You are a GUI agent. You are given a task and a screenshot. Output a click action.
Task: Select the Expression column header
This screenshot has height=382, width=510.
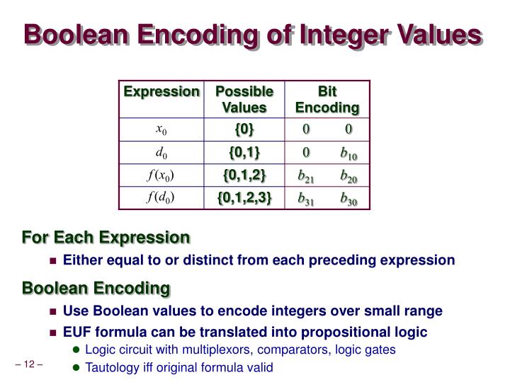tap(161, 91)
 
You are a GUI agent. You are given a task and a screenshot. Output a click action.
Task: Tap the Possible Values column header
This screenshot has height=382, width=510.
tap(244, 100)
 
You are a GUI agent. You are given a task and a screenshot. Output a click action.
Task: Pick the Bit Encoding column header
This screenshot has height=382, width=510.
tap(327, 100)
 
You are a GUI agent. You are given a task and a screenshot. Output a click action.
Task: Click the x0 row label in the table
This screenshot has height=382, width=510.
tap(161, 129)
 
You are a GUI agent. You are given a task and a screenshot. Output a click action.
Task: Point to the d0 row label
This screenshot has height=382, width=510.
tap(161, 152)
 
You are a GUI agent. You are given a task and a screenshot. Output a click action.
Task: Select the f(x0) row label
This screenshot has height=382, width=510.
tap(161, 175)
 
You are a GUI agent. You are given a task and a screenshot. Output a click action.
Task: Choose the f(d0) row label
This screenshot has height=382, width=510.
tap(161, 197)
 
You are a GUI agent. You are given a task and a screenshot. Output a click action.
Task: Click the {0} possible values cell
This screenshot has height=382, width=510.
tap(244, 129)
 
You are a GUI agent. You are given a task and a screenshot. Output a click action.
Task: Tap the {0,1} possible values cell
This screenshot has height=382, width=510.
tap(244, 152)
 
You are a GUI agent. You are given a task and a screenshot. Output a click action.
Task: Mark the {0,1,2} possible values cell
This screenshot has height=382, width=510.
tap(244, 175)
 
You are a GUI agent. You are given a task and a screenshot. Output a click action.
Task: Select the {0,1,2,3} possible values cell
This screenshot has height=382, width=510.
tap(244, 197)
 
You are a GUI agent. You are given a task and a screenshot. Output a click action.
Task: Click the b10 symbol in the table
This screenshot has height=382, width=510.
tap(348, 153)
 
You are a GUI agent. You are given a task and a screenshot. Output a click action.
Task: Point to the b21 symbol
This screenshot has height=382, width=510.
tap(306, 175)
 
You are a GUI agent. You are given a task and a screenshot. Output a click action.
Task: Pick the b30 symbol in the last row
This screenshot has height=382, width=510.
tap(348, 198)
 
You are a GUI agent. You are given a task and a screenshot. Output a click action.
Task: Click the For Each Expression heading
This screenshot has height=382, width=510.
tap(106, 236)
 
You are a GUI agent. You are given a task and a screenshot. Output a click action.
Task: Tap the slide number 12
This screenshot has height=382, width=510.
tap(29, 365)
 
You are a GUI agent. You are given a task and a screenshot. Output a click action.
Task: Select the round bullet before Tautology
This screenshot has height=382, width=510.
tap(76, 367)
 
